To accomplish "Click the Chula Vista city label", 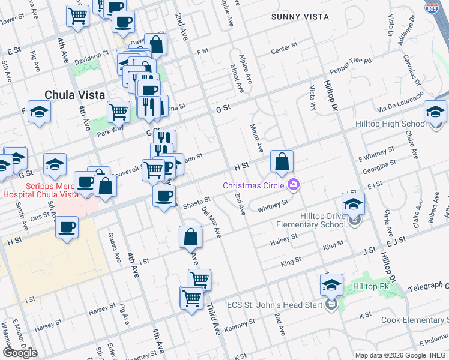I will click(75, 95).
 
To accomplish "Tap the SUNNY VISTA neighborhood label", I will click(300, 17).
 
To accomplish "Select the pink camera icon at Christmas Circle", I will click(294, 184).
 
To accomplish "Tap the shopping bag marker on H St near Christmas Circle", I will click(282, 162).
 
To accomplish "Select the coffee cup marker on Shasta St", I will click(164, 195).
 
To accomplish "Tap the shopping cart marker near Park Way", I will click(119, 111).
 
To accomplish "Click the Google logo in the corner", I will click(20, 353).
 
